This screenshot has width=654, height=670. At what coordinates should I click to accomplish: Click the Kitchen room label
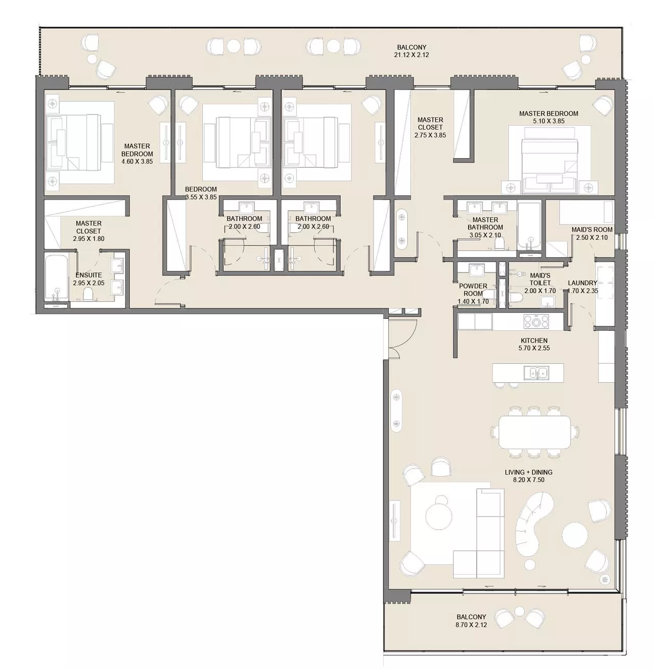point(534,340)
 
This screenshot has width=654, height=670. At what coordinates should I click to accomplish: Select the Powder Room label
point(473,287)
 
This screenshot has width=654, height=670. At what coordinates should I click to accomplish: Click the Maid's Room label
point(592,230)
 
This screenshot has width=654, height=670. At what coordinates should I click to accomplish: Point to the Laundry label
point(582,283)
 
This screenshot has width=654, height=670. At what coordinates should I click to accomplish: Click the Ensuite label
point(89,275)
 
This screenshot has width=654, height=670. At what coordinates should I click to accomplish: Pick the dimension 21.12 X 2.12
point(411,55)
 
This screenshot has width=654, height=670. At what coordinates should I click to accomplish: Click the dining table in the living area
point(534,432)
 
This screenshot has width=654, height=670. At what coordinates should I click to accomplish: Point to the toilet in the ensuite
point(88,295)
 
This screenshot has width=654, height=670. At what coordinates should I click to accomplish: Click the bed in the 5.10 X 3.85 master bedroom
point(547,160)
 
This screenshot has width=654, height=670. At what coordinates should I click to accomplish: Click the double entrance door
point(402,337)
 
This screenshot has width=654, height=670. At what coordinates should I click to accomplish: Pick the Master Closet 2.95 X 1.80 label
point(89,231)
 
